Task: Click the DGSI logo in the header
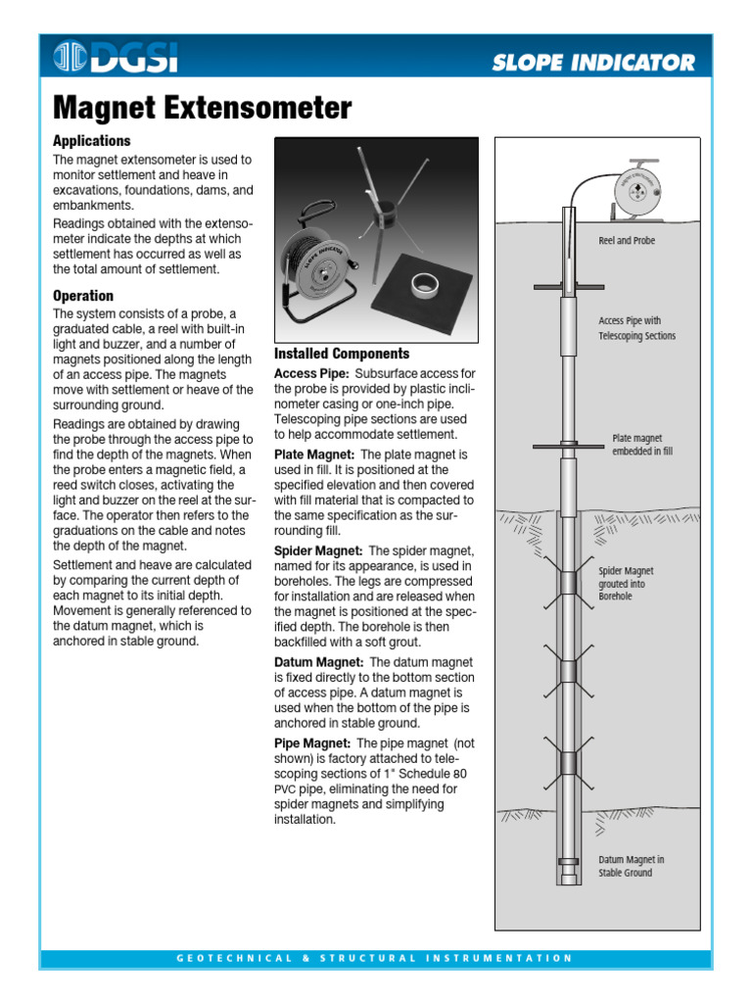pos(115,59)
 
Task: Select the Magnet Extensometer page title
pos(201,108)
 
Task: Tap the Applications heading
pos(91,141)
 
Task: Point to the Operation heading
pos(83,296)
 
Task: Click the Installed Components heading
pos(342,354)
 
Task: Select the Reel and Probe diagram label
pos(627,241)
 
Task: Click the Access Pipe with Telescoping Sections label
pos(636,328)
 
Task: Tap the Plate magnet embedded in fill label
pos(642,445)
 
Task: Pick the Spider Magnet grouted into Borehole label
pos(626,583)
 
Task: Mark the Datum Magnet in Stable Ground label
pos(631,866)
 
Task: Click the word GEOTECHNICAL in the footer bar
pos(234,958)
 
